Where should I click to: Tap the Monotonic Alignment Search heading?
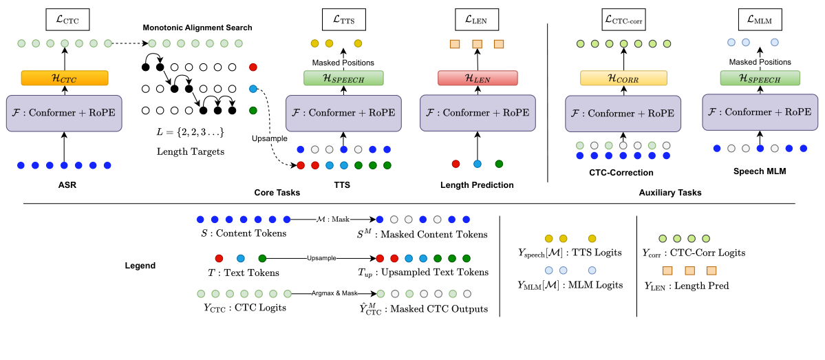pyautogui.click(x=197, y=28)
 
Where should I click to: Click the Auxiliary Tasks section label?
pyautogui.click(x=671, y=193)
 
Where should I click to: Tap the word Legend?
pyautogui.click(x=140, y=265)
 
